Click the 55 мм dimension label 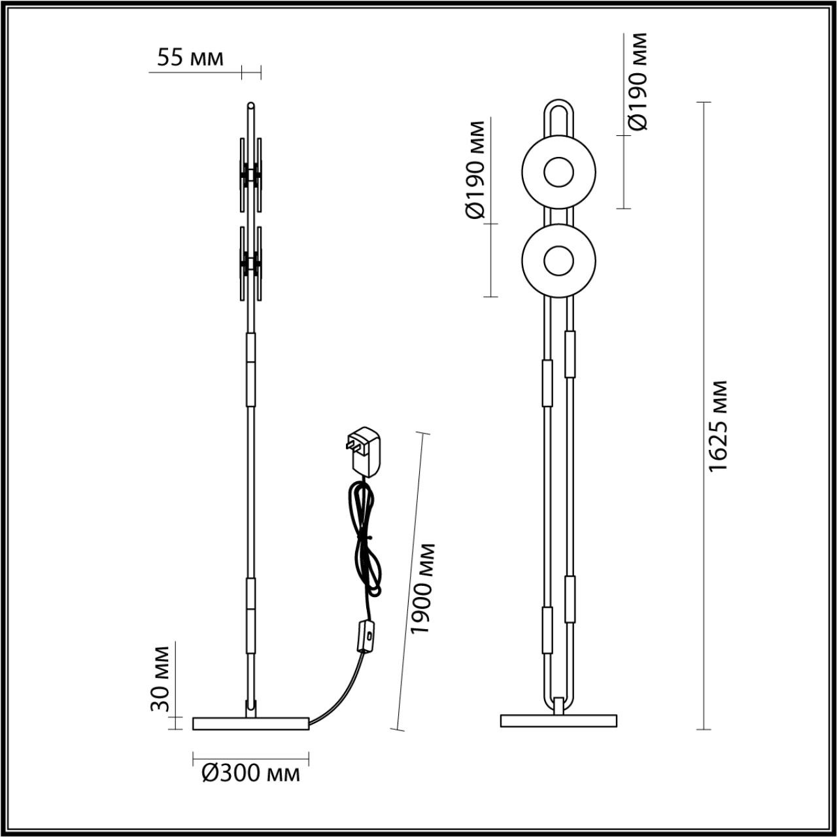[190, 58]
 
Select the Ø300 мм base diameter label [250, 774]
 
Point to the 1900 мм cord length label [422, 588]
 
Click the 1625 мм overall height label [718, 425]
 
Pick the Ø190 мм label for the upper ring [637, 82]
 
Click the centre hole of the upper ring [557, 173]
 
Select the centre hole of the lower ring [557, 260]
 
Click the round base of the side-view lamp [250, 723]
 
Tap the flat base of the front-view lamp [558, 721]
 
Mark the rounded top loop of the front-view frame [557, 108]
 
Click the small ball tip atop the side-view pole [250, 105]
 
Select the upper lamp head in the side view [250, 175]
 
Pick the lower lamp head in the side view [250, 264]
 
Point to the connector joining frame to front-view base [558, 707]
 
